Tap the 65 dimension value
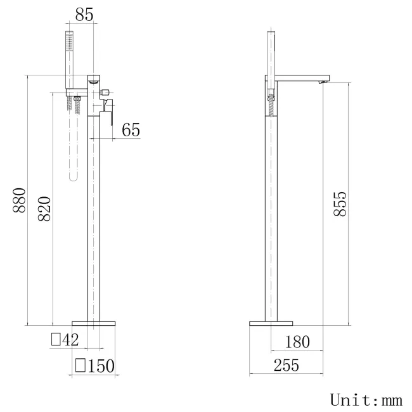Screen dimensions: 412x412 tap(131, 131)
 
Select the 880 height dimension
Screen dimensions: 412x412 tap(19, 200)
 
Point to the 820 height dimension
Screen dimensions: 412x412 tap(44, 209)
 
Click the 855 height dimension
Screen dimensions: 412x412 tap(340, 204)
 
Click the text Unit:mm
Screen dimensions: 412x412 tap(366, 400)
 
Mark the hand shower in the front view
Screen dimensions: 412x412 tap(71, 57)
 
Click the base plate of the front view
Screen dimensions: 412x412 tap(95, 323)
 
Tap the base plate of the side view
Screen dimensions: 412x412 tap(271, 323)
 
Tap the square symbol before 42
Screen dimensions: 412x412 tap(56, 340)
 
